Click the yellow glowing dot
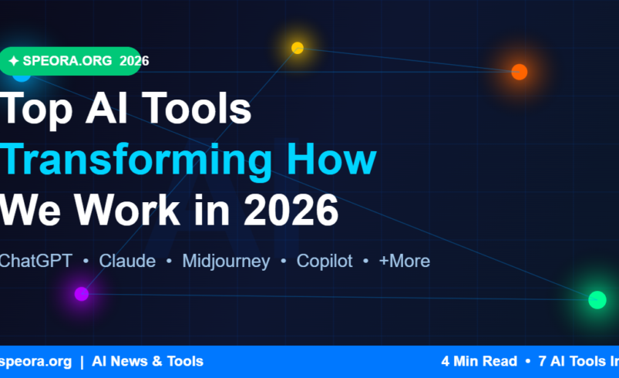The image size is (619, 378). point(298,48)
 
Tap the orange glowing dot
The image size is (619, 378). point(520,72)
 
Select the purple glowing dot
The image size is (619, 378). point(82,293)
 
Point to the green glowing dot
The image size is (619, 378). point(597,299)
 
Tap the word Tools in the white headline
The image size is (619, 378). point(197,109)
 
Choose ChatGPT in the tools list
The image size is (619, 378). point(35,261)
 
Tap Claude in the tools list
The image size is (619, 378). point(127,261)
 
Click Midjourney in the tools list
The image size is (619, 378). point(226,261)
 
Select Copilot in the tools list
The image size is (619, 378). point(325,261)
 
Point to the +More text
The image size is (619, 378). point(404,261)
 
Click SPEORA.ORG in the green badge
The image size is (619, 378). point(69,61)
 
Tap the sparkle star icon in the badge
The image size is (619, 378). point(14,61)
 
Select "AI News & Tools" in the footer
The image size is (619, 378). point(147,361)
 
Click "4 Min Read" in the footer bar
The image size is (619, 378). point(479,361)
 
